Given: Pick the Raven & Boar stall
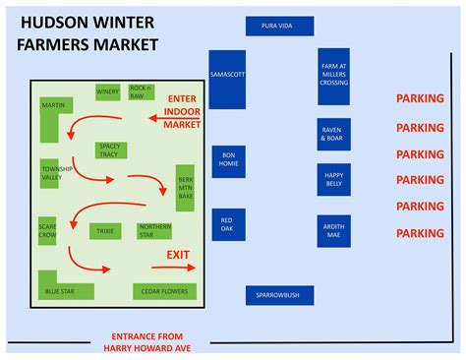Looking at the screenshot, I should (333, 135).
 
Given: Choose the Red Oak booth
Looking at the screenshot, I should (227, 225).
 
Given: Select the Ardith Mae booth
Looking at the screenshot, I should (333, 232).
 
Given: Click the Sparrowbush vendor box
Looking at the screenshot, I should (277, 294).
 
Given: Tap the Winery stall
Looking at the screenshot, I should (107, 92).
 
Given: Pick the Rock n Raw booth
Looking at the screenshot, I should (140, 91).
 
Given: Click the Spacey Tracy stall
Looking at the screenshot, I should (108, 150).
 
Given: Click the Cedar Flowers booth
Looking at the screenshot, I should (164, 291).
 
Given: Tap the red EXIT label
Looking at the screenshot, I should (178, 255).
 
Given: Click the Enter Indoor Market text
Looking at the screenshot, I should (181, 111).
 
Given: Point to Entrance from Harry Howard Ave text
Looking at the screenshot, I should (146, 340).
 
